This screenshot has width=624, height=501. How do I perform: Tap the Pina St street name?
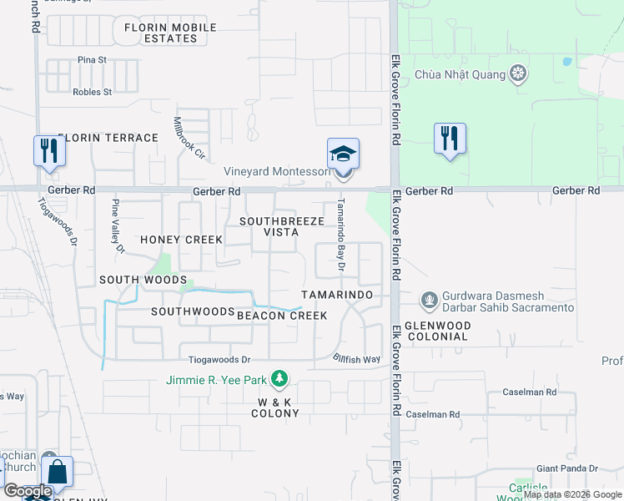(92, 60)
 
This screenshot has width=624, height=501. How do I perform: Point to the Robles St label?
(92, 92)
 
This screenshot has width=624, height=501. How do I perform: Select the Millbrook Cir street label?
(189, 137)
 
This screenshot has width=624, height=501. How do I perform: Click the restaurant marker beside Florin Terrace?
(48, 151)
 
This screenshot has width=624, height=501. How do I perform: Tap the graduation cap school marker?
(343, 154)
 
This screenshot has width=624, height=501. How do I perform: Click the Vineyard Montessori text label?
(277, 172)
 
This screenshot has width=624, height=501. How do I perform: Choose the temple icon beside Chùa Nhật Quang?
(519, 74)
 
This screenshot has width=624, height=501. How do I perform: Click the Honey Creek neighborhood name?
(181, 240)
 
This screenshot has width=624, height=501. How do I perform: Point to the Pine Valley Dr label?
(118, 226)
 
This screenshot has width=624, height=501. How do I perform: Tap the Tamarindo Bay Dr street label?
(340, 235)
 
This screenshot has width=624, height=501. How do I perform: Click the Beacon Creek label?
(282, 316)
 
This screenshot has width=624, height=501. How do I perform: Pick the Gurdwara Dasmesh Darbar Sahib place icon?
(429, 298)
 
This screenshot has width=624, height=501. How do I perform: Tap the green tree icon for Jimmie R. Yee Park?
(279, 380)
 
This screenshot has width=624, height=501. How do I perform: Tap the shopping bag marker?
(57, 473)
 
